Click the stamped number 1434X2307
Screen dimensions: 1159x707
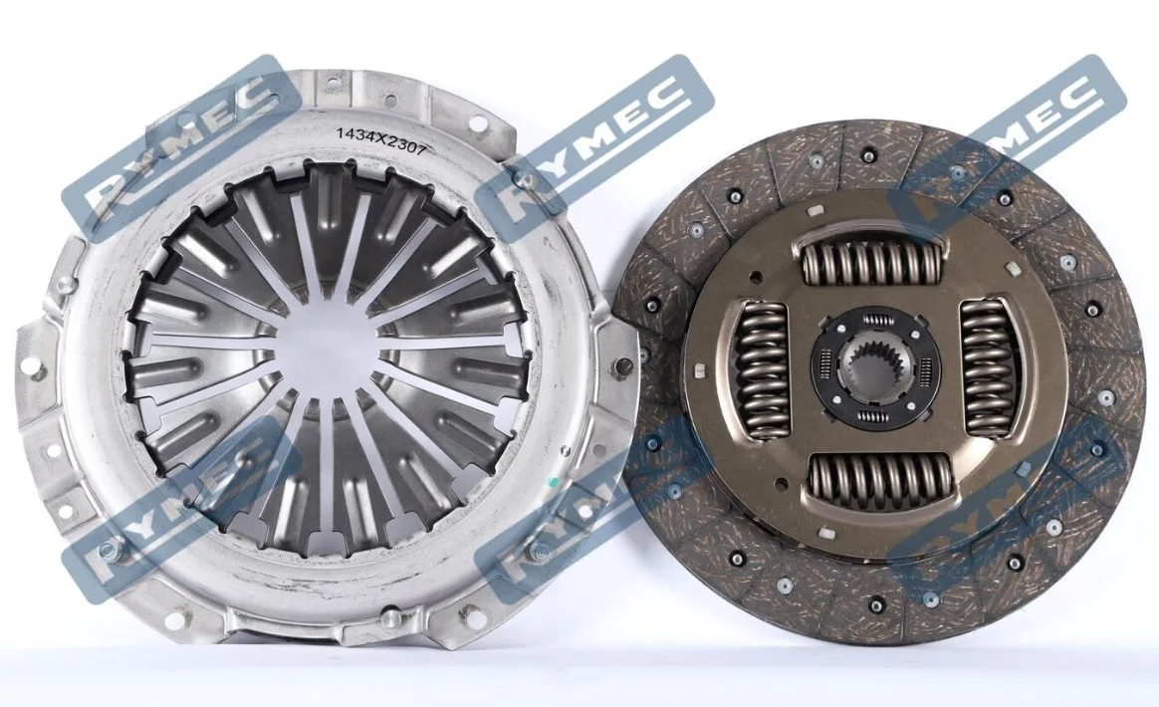coord(380,141)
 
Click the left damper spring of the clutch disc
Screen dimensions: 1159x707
coord(762,368)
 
